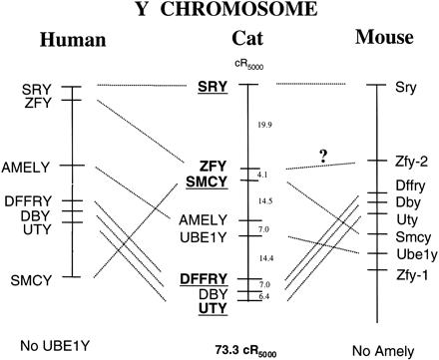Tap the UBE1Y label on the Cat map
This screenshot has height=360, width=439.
click(x=208, y=235)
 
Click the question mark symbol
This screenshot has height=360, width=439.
click(x=322, y=155)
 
